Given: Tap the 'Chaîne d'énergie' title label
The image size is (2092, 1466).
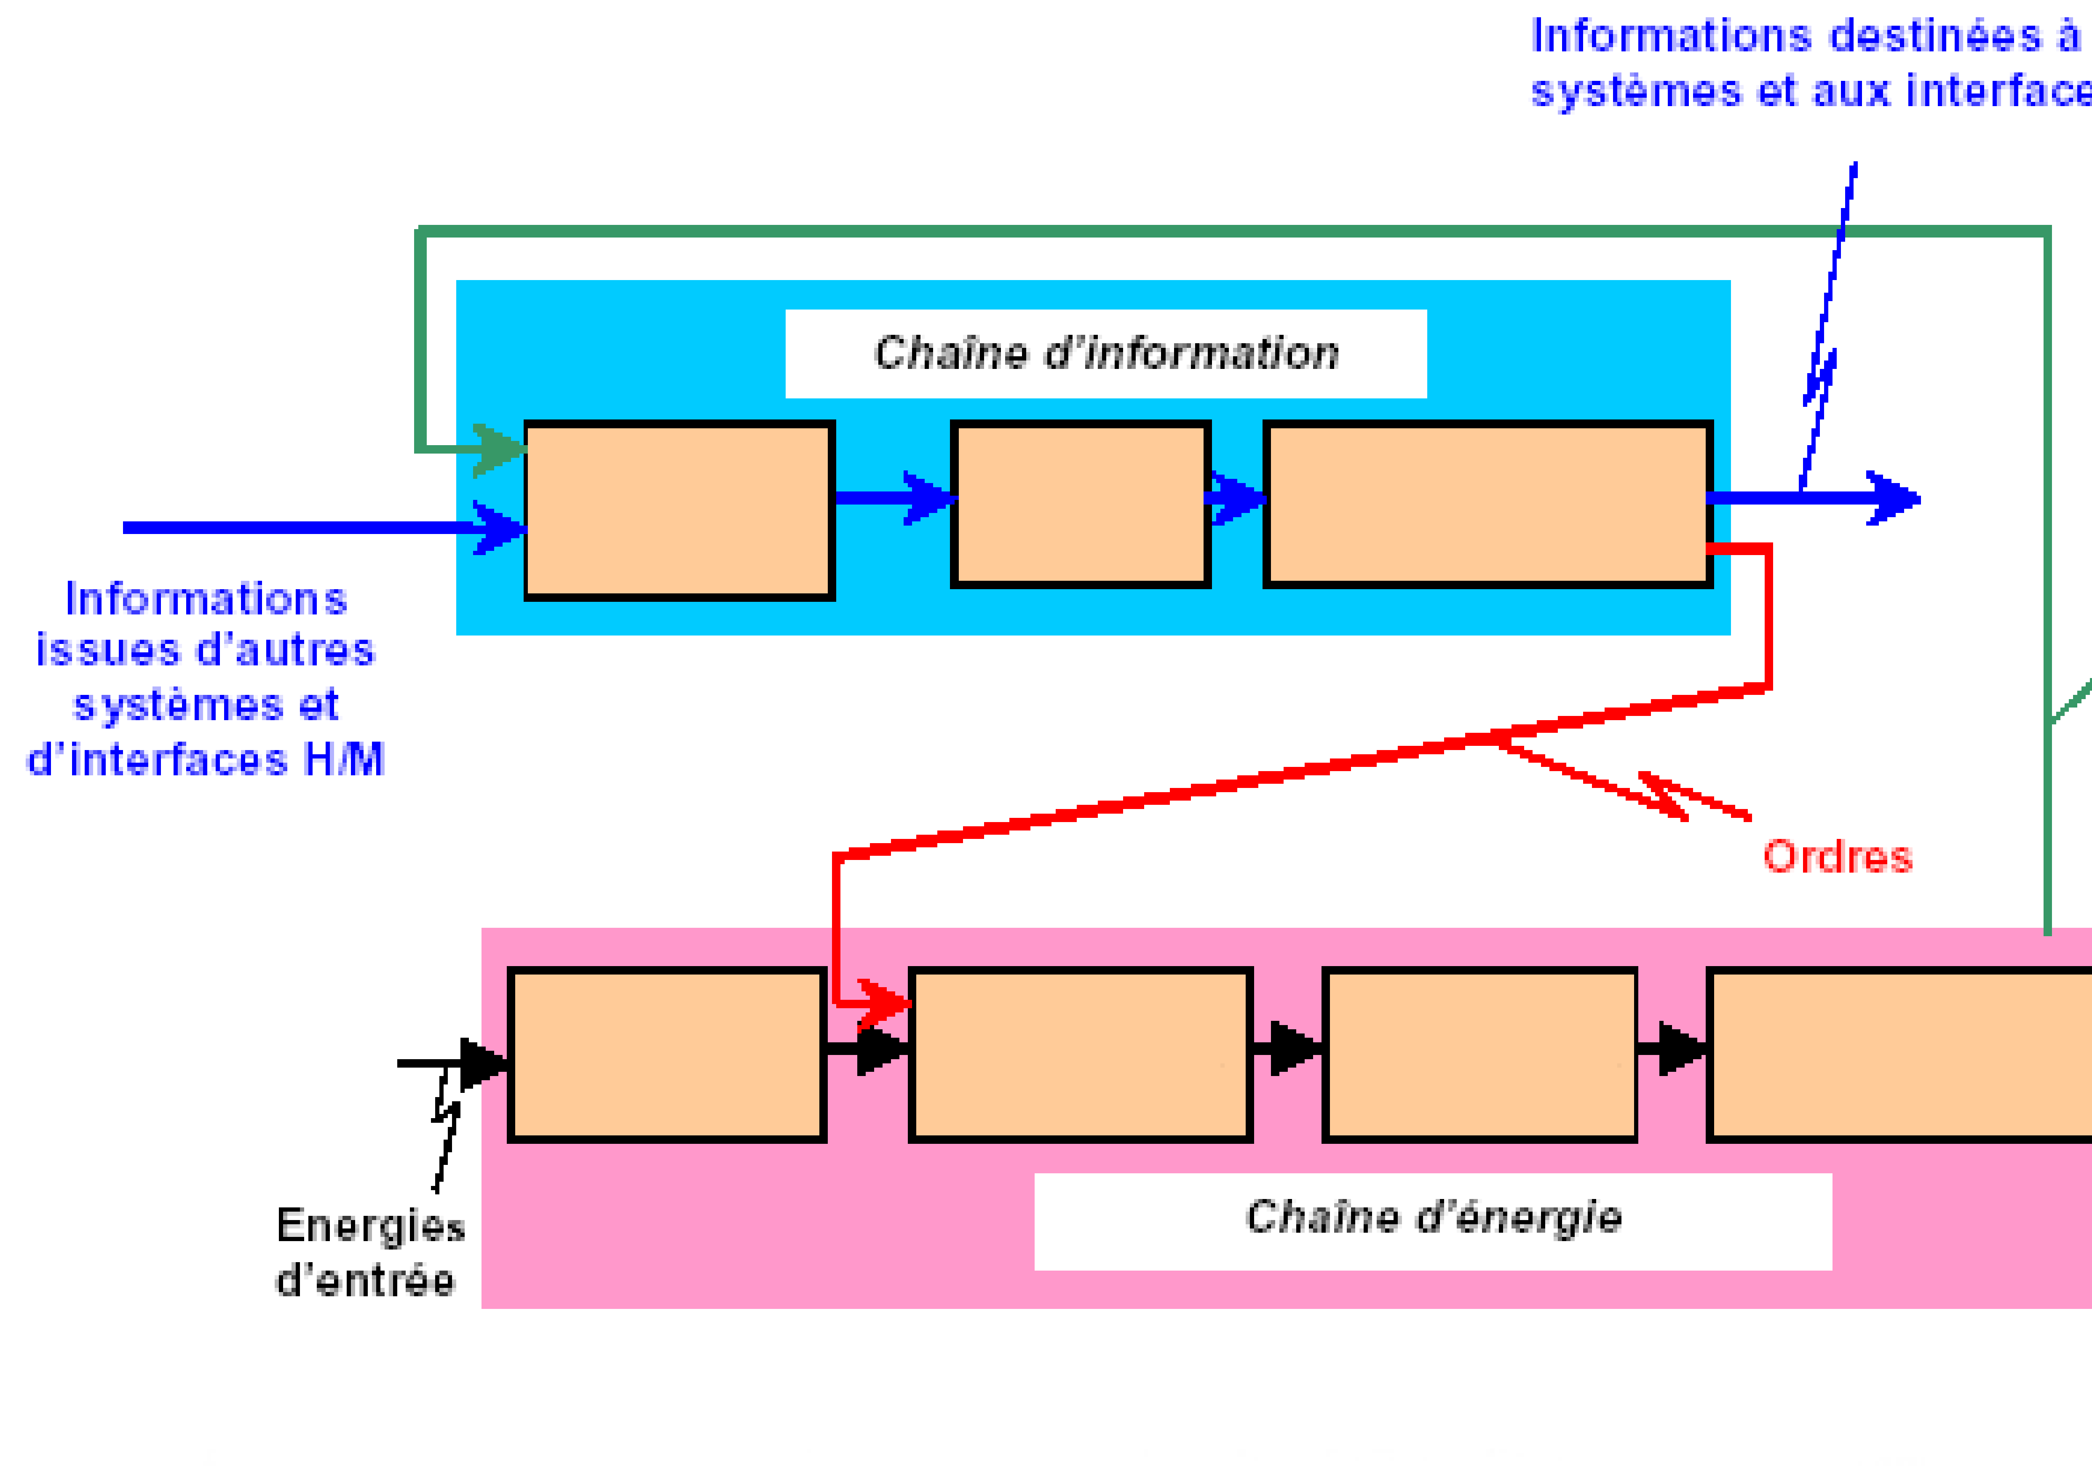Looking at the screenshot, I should [1433, 1218].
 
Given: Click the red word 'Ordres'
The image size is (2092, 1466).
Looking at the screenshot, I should [1837, 857].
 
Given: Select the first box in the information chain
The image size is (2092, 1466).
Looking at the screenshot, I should [679, 510].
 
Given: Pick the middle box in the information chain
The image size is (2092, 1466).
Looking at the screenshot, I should [1081, 504].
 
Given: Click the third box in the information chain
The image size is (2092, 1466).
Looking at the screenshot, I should [1487, 504].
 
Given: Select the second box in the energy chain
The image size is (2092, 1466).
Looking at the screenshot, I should [1081, 1054].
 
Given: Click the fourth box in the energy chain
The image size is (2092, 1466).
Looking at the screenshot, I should [1900, 1054].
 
